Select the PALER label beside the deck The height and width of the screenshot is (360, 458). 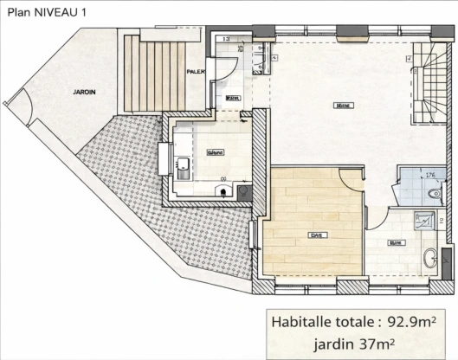tap(196, 72)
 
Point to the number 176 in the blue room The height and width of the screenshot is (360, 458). tap(428, 176)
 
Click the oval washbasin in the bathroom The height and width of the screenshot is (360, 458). tap(430, 257)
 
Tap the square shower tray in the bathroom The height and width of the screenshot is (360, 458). tap(423, 220)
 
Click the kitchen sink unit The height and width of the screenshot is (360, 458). tap(183, 168)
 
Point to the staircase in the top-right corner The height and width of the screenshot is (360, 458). tap(428, 82)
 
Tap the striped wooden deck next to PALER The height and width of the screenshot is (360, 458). tap(154, 76)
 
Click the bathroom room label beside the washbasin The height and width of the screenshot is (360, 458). tap(396, 243)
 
